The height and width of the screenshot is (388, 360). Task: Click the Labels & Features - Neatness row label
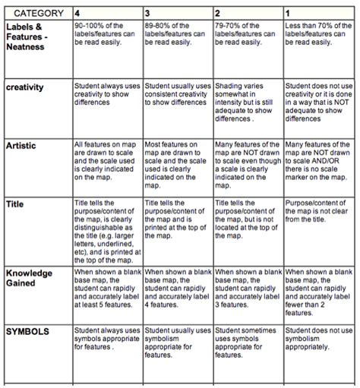point(27,36)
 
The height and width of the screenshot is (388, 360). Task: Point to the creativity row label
point(25,87)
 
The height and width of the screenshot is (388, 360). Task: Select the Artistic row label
point(21,145)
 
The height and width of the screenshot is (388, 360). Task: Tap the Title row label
point(14,204)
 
